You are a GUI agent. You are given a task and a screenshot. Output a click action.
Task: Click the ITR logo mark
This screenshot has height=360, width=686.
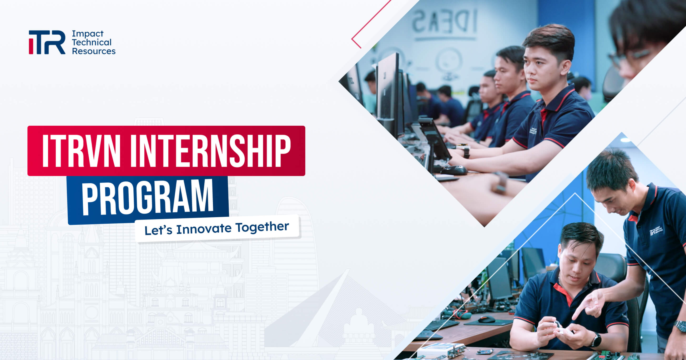click(47, 42)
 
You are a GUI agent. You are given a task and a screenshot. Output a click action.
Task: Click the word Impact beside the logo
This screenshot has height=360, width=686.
click(88, 34)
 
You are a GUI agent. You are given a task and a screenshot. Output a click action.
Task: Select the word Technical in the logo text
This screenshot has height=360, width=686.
click(92, 42)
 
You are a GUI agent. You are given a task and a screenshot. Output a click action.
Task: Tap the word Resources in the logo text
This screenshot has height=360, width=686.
click(94, 51)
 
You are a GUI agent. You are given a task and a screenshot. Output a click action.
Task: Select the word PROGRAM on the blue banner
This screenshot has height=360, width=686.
click(148, 198)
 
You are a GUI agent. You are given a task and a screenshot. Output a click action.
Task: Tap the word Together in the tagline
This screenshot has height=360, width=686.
click(262, 227)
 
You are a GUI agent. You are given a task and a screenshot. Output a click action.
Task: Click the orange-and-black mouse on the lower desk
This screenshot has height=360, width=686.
click(486, 319)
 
